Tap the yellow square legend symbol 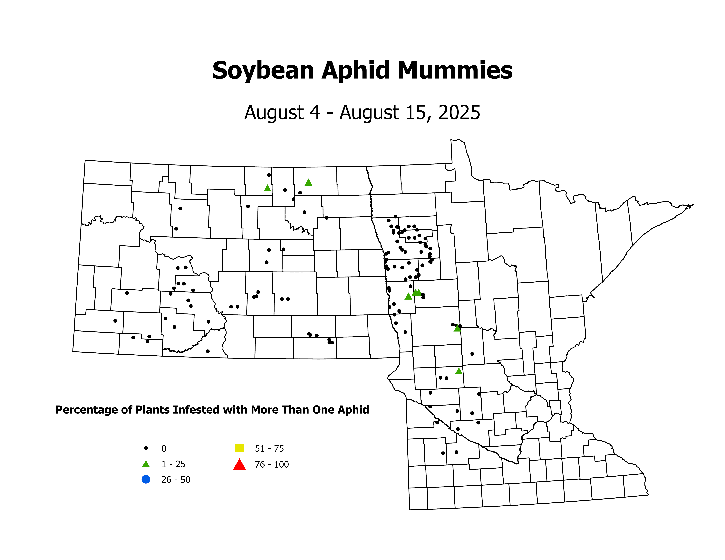tap(239, 448)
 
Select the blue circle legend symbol tap(146, 479)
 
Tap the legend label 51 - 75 tap(269, 449)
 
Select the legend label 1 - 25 tap(173, 464)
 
